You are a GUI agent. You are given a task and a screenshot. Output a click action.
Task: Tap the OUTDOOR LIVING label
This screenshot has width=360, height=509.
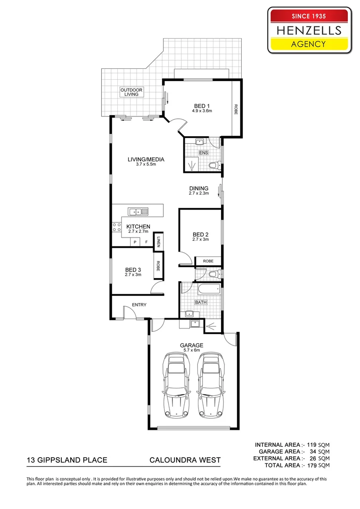click(131, 92)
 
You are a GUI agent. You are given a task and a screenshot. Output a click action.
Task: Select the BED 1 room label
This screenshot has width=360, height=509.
click(202, 106)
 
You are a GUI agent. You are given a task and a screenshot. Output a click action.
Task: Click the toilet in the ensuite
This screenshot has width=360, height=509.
click(213, 165)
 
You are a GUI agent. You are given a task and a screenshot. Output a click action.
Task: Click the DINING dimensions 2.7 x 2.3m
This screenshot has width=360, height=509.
click(198, 193)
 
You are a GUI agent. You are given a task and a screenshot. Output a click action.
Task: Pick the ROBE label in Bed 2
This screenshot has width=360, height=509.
click(208, 261)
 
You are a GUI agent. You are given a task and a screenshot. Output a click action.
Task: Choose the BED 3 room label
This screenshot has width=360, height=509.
click(133, 270)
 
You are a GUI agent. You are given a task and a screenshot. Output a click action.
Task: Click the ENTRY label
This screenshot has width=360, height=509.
click(139, 305)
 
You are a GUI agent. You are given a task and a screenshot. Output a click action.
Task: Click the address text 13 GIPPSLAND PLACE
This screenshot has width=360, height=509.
click(66, 460)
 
